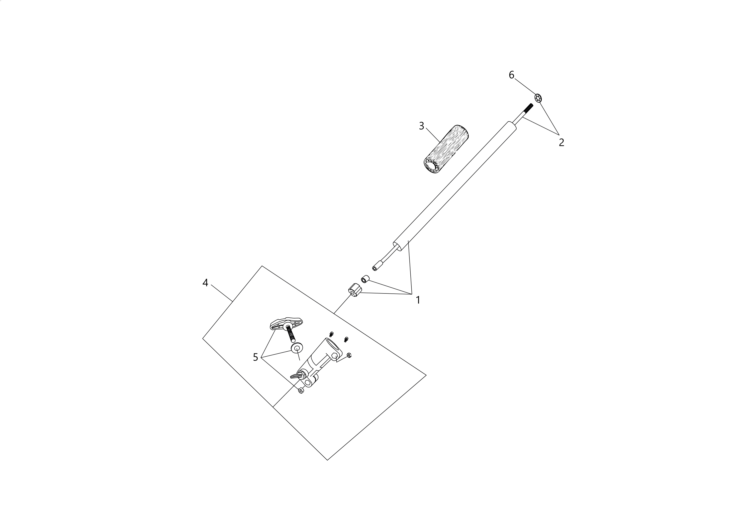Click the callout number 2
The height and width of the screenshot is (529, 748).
point(561,142)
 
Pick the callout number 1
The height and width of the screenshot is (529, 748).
point(418,300)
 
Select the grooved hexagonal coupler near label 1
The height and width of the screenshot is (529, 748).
point(355,290)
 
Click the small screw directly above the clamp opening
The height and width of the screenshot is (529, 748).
point(331,334)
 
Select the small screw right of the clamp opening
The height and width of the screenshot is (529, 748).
point(346,339)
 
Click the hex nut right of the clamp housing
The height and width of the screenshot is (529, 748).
point(349,355)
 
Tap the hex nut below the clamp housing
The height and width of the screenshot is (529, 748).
point(301,391)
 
